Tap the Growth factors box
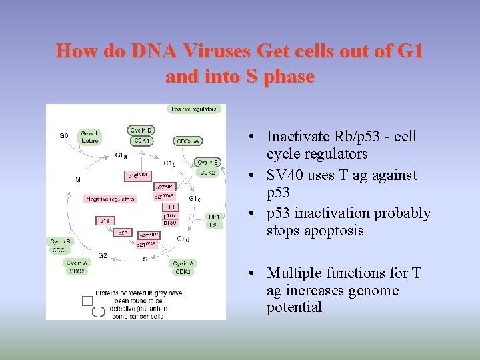tap(90, 137)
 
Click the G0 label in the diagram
tap(63, 135)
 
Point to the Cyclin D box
tap(141, 130)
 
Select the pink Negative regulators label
tap(110, 199)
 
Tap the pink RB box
tap(169, 207)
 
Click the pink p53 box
tap(123, 233)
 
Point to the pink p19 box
tap(105, 220)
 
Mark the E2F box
tap(214, 225)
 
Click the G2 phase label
tap(103, 255)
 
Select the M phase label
tap(78, 179)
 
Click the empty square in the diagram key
tap(87, 300)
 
